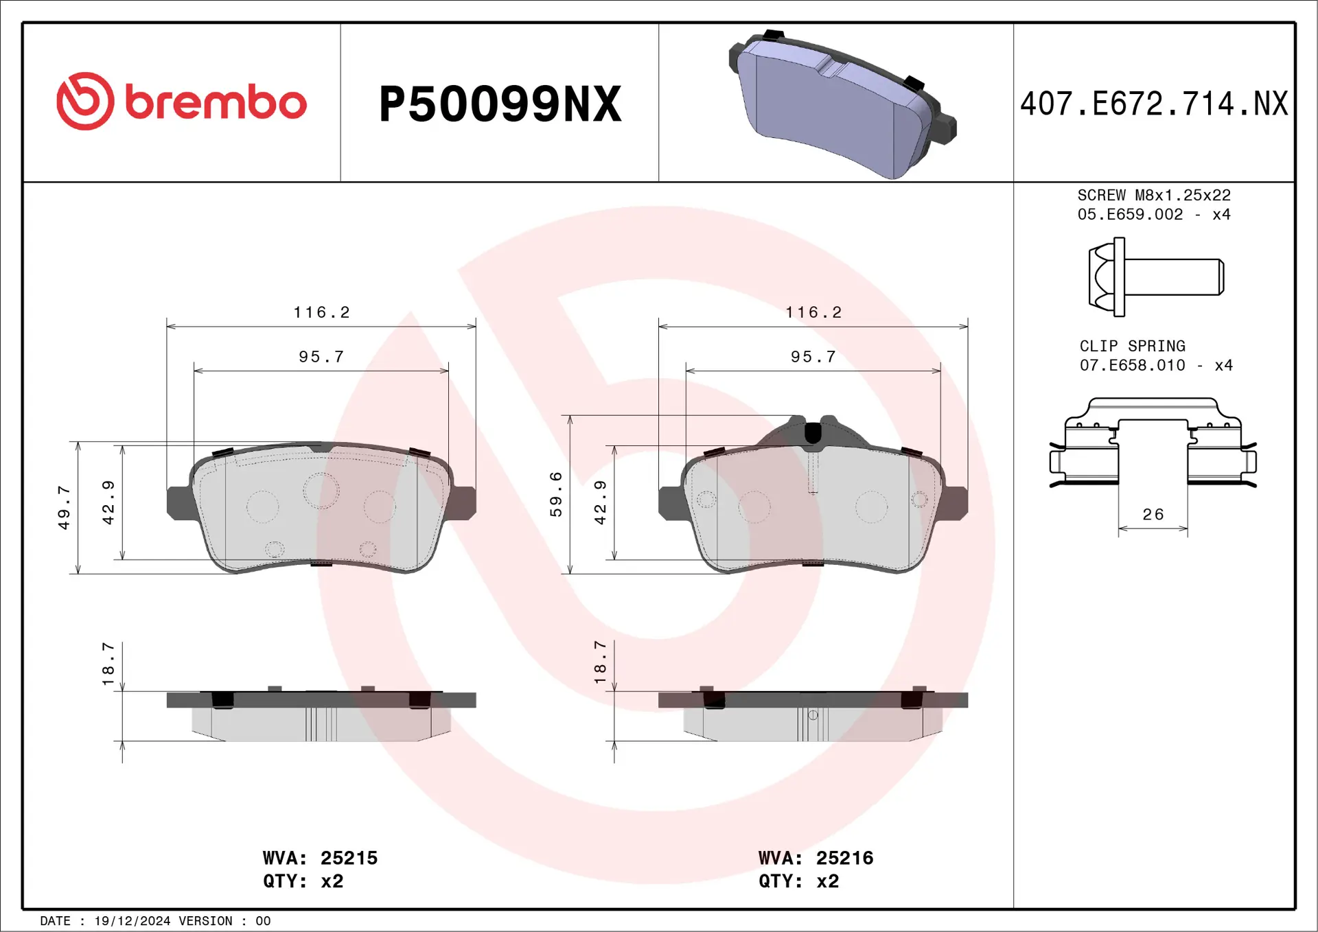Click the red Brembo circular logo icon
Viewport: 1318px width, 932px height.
[85, 102]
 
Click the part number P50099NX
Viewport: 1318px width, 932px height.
[500, 104]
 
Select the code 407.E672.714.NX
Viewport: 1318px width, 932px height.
[1154, 104]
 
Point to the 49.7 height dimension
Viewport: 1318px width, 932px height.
[64, 508]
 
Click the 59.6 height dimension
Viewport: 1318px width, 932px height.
[556, 494]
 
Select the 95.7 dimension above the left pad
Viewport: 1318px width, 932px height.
[321, 357]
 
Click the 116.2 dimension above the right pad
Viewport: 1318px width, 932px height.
[813, 312]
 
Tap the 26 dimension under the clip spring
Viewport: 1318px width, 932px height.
[1153, 515]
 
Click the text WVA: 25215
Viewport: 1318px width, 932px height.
[320, 858]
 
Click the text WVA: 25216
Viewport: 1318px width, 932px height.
[816, 858]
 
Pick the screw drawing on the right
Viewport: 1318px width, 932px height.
[1155, 277]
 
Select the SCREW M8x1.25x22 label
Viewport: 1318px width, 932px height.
[1154, 196]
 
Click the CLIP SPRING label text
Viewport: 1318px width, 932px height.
[1132, 346]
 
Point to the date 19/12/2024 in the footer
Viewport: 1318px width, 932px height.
[132, 921]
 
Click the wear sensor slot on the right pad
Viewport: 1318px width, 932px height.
[813, 434]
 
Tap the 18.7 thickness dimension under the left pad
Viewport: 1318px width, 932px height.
[108, 664]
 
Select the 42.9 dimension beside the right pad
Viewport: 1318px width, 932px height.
[601, 503]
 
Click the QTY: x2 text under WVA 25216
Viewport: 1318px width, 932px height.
[798, 881]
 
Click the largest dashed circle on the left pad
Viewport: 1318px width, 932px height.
[321, 490]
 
